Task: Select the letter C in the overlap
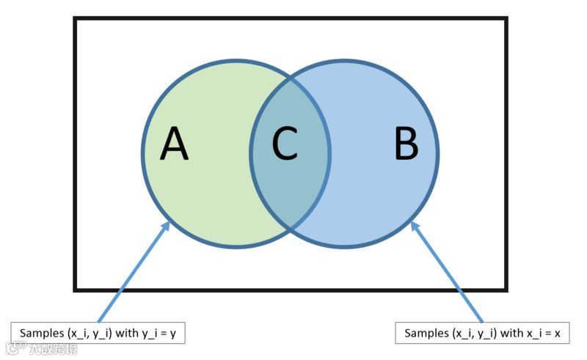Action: [285, 144]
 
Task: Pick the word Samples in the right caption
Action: [426, 334]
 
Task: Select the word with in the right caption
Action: [510, 334]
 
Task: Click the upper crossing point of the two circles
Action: [291, 75]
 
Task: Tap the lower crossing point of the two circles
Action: [291, 229]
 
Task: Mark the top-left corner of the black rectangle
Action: [75, 18]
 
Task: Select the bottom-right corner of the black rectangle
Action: [506, 290]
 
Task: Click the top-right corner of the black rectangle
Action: [506, 18]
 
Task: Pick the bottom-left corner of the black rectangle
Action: [75, 290]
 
